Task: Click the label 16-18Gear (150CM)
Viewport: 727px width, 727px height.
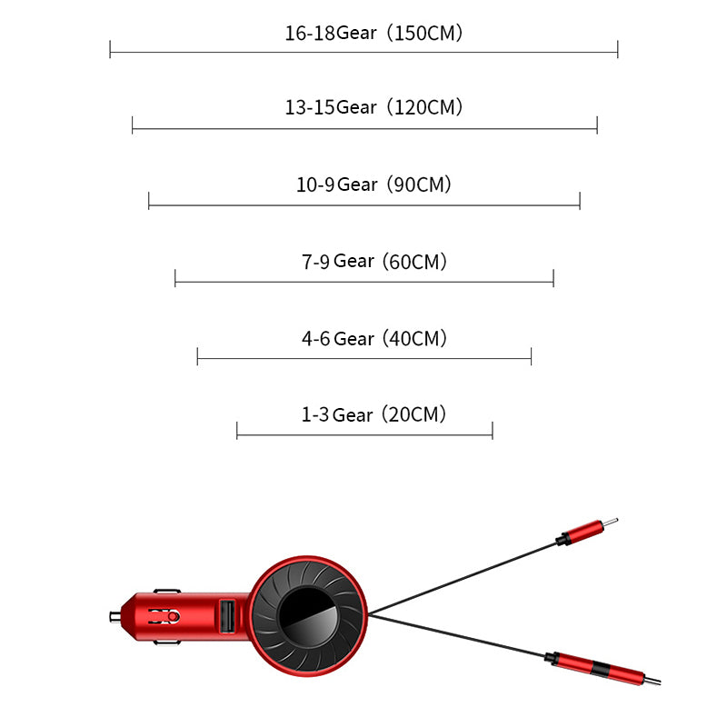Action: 373,33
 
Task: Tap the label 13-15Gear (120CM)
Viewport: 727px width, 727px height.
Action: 373,107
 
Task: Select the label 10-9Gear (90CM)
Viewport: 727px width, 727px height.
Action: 373,184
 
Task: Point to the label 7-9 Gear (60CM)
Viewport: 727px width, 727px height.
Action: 373,262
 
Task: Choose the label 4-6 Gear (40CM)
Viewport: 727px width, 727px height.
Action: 373,338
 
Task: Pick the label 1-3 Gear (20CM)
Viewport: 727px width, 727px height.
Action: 373,414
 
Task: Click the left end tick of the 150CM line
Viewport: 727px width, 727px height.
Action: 110,49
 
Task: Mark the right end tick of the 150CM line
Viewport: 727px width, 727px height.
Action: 618,49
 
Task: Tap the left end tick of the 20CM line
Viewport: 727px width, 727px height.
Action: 237,430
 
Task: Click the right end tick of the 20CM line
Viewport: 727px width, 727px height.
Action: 493,430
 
